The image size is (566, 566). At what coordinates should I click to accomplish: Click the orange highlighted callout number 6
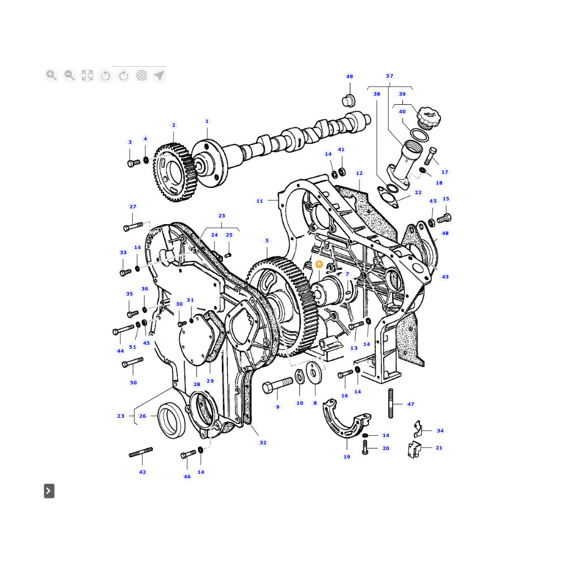click(x=319, y=264)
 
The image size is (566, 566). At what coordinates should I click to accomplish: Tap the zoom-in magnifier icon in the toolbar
click(x=52, y=75)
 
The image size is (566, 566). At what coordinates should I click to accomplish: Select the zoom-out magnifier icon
click(x=69, y=75)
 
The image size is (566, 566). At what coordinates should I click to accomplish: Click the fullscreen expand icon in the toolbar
click(x=87, y=75)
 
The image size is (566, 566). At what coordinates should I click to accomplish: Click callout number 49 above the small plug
click(x=349, y=76)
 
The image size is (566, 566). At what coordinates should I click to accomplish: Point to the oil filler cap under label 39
click(x=429, y=117)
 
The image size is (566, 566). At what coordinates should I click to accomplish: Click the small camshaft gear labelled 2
click(x=175, y=172)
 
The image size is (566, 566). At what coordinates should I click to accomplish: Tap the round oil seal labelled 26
click(x=172, y=420)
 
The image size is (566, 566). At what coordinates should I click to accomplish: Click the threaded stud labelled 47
click(x=391, y=403)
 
